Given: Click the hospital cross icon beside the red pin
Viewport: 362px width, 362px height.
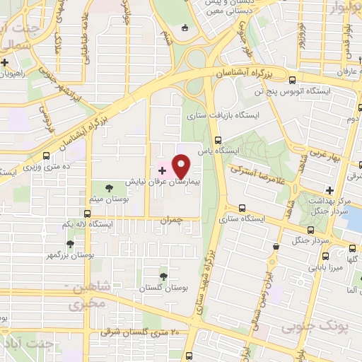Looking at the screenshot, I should point(162,170).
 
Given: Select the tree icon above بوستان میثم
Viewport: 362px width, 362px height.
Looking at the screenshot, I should point(109,187).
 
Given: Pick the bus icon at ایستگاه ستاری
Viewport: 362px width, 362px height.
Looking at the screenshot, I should point(242,208).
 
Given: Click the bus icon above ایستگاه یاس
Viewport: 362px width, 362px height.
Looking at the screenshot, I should point(218,139).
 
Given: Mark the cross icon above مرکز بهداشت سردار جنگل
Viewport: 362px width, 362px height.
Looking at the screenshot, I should point(329,189).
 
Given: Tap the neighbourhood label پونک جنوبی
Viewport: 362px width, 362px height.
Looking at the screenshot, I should point(309,327).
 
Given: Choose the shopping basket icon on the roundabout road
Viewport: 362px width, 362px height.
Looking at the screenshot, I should point(185,28).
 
